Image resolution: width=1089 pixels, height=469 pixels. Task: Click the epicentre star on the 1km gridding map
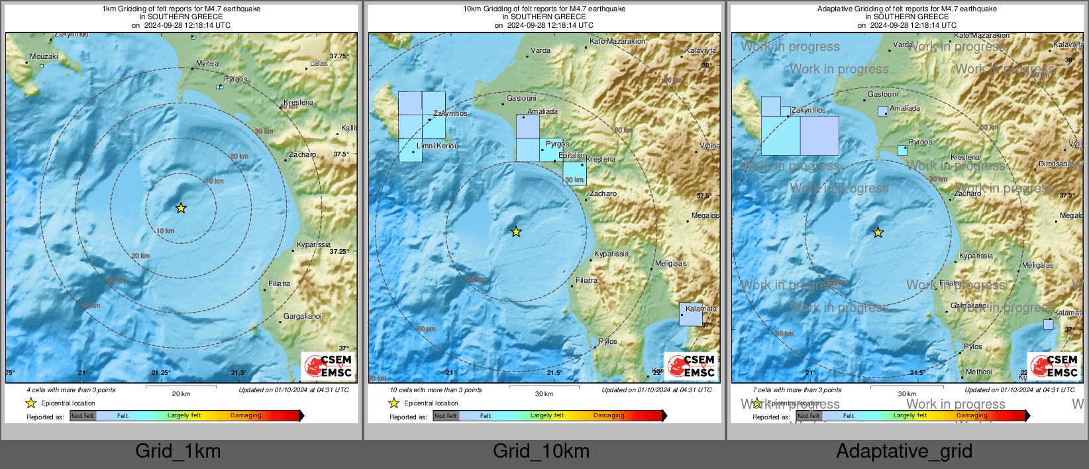[x=181, y=208]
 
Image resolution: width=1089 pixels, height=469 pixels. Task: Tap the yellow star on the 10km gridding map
[x=516, y=232]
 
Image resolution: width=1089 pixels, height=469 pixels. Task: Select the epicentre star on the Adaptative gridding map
[x=878, y=233]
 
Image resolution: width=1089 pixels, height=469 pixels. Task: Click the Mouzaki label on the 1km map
[x=44, y=57]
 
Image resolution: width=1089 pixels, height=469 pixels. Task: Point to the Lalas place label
[x=319, y=64]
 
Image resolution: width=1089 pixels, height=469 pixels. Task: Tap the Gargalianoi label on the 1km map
[x=302, y=317]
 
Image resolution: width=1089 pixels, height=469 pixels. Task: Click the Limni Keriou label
[x=437, y=146]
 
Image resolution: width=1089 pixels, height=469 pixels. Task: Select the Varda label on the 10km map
[x=541, y=50]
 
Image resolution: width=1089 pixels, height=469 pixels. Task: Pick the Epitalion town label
[x=572, y=156]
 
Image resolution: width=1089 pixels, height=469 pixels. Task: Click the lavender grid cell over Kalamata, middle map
[x=690, y=315]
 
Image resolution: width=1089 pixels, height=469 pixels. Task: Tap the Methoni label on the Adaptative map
[x=978, y=372]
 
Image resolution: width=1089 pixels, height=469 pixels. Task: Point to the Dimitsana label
[x=1055, y=164]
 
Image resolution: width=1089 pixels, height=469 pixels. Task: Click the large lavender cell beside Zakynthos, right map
[x=819, y=136]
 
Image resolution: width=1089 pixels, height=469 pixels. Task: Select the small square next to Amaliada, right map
[x=882, y=111]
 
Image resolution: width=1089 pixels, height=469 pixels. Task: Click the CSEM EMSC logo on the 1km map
[x=329, y=366]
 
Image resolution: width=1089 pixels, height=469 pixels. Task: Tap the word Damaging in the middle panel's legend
[x=609, y=415]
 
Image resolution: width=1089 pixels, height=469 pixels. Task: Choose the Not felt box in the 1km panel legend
[x=83, y=416]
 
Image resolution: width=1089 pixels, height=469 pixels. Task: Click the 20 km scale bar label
[x=181, y=393]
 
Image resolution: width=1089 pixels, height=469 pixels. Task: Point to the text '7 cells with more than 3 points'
[x=797, y=390]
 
